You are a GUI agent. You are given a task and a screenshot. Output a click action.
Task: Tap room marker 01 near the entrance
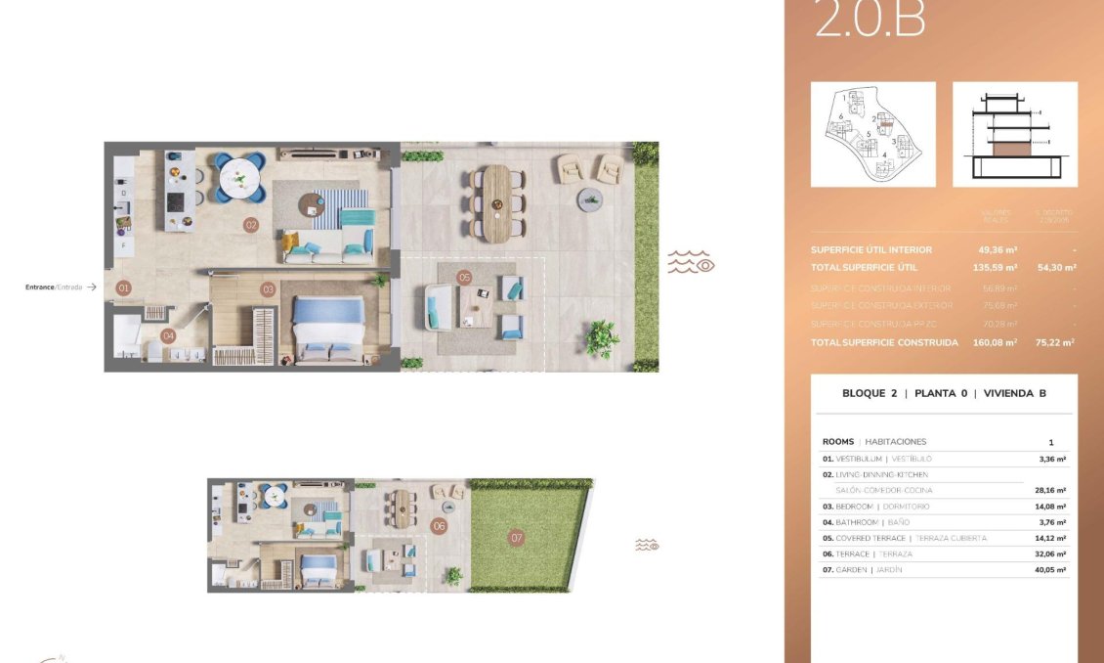[123, 288]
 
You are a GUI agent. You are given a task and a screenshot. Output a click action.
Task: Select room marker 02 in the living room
[251, 225]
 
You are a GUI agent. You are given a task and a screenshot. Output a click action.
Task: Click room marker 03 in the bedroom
[268, 289]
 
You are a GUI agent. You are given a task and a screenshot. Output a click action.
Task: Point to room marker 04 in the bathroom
[168, 336]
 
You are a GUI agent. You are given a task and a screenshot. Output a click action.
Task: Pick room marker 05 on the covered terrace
[464, 278]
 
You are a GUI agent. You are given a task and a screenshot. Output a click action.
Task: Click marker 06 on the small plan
[439, 526]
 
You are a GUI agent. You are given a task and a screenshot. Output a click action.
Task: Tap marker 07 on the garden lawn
[517, 538]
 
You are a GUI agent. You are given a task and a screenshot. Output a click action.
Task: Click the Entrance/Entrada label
[54, 287]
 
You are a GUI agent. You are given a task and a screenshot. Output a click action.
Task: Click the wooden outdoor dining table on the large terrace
[496, 201]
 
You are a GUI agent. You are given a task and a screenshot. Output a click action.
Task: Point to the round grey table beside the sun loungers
[590, 199]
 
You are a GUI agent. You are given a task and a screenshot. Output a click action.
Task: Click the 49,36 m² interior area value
[998, 250]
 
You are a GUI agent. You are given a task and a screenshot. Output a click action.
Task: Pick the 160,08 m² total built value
[998, 343]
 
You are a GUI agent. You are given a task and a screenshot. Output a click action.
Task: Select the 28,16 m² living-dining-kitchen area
[1051, 491]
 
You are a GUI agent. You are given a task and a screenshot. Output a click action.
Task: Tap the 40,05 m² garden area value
[1051, 570]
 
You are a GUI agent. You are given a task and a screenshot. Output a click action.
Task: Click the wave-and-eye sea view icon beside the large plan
[691, 261]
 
